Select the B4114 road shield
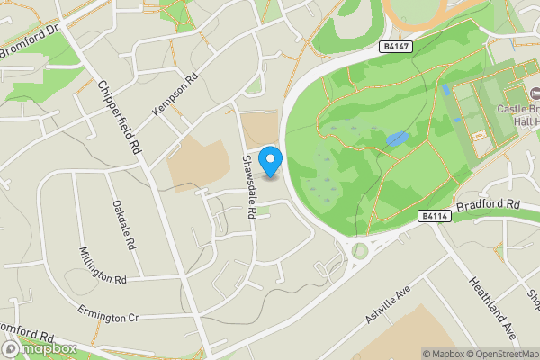pyautogui.click(x=434, y=216)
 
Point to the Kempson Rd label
pyautogui.click(x=174, y=94)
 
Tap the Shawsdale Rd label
pyautogui.click(x=250, y=185)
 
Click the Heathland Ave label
pyautogui.click(x=490, y=307)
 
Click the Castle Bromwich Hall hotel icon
pyautogui.click(x=534, y=93)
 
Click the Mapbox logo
pyautogui.click(x=39, y=348)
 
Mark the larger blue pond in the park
pyautogui.click(x=395, y=139)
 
